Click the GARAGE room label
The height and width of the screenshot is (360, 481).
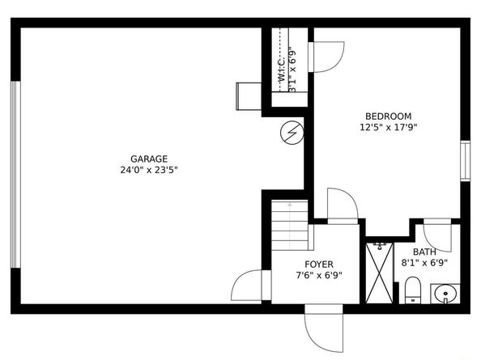[x=149, y=159]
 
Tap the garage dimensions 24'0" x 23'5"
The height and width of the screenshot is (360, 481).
[x=149, y=170]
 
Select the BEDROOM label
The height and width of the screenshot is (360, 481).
[x=389, y=116]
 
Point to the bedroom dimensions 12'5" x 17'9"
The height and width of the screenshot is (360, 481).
[x=389, y=127]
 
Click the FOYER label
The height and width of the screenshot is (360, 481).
[x=319, y=264]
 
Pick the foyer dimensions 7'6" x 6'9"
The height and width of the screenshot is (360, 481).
[x=319, y=275]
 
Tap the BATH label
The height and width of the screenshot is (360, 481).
[x=424, y=252]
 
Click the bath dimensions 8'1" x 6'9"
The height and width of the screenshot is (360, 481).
[x=424, y=263]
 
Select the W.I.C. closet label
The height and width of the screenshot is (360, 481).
[x=282, y=70]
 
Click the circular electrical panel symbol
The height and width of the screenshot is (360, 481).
[x=292, y=133]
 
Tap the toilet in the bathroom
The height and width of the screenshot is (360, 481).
[x=412, y=290]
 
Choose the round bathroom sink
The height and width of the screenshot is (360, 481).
[x=445, y=294]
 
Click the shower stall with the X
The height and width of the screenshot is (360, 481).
[x=380, y=273]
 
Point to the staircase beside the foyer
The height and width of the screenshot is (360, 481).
[x=290, y=225]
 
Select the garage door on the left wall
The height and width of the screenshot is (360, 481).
[x=15, y=175]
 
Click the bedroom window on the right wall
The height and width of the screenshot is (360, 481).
[x=465, y=160]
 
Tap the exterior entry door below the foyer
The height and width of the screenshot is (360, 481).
[x=324, y=328]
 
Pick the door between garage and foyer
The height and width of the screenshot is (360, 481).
[x=251, y=285]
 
